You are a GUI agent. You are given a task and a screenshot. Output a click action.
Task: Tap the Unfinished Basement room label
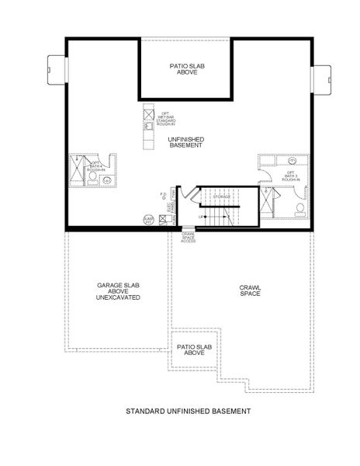185,142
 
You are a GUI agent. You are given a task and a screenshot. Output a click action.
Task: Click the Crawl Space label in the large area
250,291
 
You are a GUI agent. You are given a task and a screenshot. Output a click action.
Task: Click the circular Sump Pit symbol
148,220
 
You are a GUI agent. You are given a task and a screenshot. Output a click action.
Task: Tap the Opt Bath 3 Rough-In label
291,176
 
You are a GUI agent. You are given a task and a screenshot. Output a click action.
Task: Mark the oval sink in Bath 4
108,181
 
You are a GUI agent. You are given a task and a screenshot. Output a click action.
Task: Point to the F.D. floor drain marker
162,194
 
